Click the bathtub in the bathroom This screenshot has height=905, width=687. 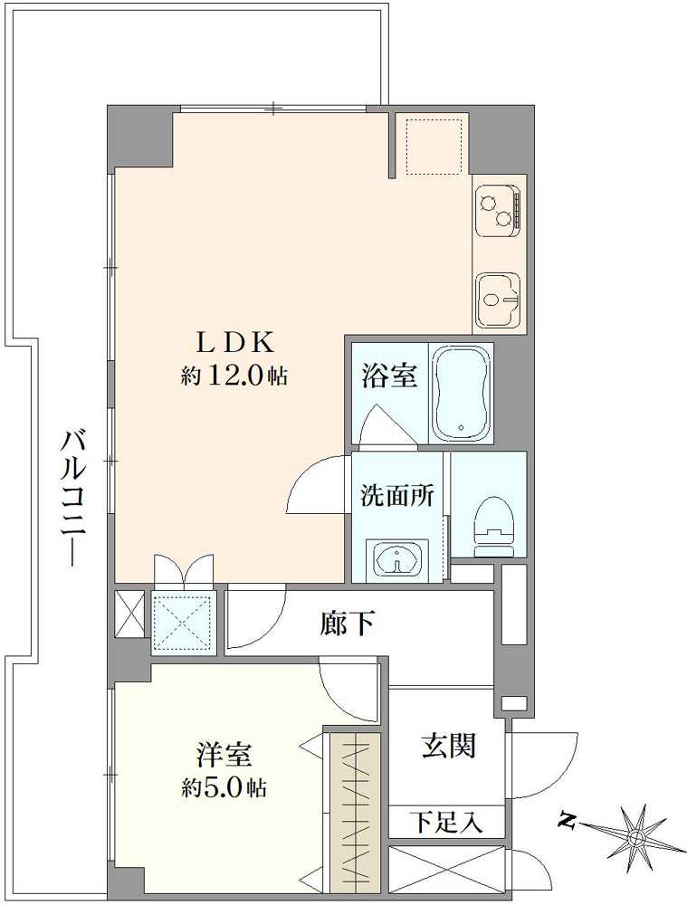click(462, 395)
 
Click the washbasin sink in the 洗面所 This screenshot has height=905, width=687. click(396, 557)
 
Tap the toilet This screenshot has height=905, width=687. click(493, 525)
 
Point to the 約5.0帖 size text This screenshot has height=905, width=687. click(224, 787)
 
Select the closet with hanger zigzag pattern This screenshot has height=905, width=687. click(356, 811)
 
